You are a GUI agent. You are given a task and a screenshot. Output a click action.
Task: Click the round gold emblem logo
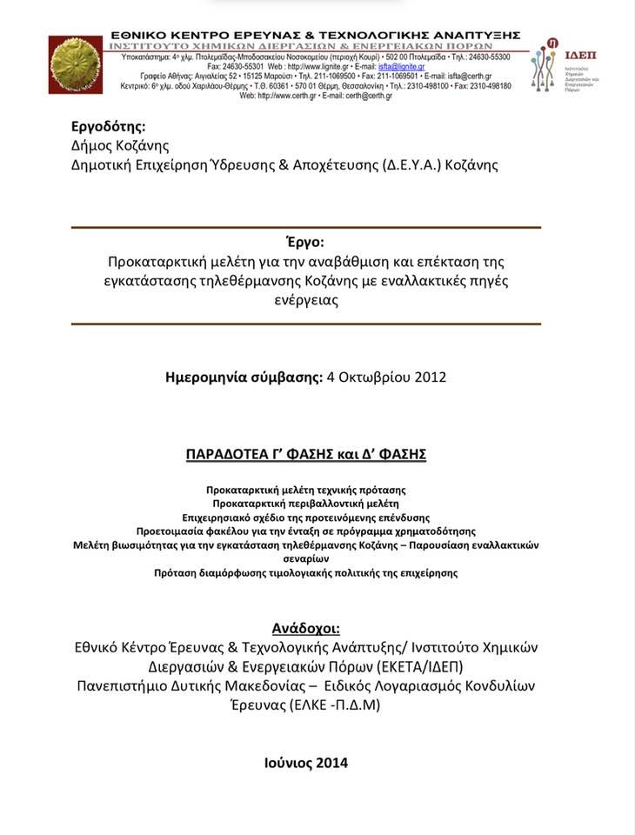coord(77,63)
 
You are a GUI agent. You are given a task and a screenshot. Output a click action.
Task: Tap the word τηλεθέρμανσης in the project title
coord(300,280)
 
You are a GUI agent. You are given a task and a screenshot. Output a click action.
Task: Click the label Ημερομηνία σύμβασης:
coord(243,377)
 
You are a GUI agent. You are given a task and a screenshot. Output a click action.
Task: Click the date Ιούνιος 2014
coord(305,763)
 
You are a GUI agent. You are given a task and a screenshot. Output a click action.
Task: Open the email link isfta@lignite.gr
coord(402,66)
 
